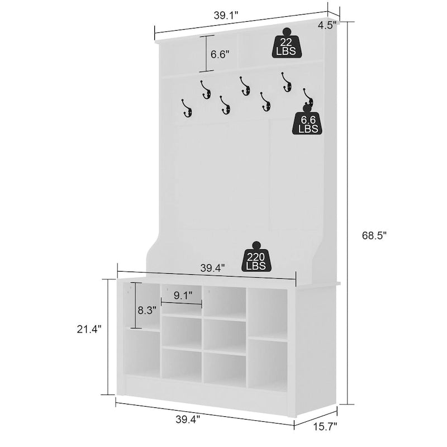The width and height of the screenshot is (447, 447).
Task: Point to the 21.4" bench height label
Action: (89, 330)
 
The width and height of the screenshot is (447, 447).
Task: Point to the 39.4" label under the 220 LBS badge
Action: (212, 268)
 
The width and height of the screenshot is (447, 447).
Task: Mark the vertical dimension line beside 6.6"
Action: (207, 54)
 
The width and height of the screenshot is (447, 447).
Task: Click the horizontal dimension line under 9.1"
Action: (182, 304)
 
